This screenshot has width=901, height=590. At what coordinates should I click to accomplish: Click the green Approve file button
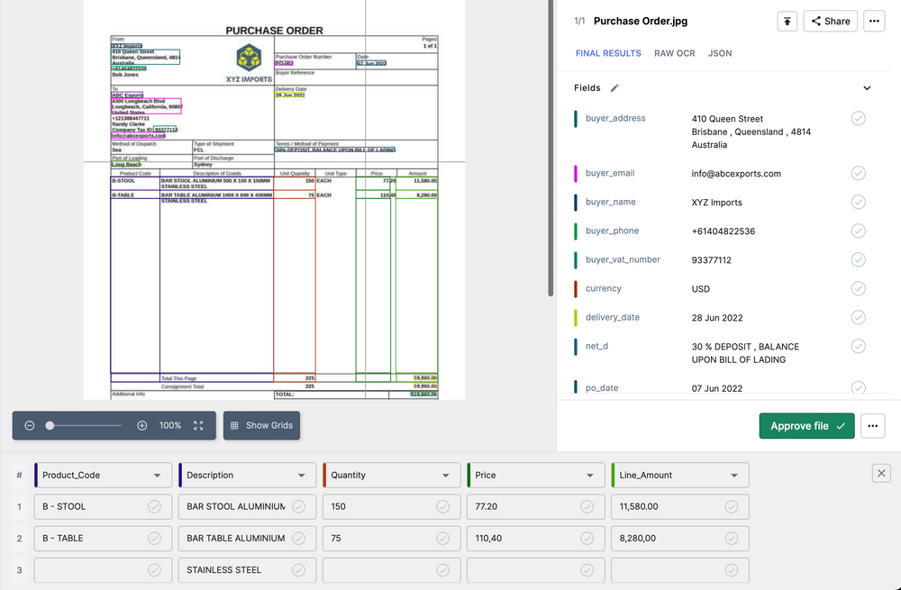tap(807, 426)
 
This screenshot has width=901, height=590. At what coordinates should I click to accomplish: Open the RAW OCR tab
tap(675, 53)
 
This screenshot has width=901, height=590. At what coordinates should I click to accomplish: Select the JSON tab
tap(720, 53)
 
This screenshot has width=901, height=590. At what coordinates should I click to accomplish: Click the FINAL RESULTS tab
tap(608, 53)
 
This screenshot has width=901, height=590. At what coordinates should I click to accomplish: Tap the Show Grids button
tap(260, 425)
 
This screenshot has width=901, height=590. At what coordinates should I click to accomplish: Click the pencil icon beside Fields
tap(614, 88)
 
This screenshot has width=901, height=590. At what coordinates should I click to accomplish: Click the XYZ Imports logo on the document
tap(249, 60)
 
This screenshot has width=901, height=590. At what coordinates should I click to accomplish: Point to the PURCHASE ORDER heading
tap(274, 31)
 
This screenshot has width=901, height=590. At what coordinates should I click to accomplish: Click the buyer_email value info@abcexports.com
tap(736, 174)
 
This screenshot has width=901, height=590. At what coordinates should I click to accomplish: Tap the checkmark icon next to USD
tap(859, 289)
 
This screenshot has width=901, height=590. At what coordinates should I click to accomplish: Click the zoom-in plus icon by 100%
tap(141, 425)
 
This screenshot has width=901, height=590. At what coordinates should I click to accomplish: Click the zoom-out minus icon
tap(30, 425)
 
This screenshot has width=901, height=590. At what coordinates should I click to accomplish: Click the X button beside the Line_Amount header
tap(882, 473)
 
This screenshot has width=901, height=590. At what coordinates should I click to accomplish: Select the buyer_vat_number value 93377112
tap(711, 260)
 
